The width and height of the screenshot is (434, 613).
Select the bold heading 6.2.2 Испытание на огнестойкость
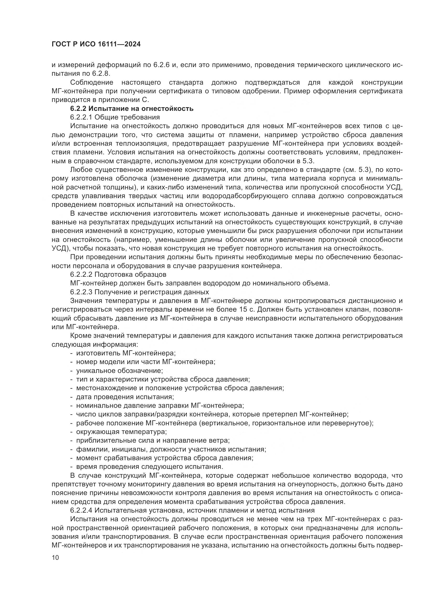click(132, 109)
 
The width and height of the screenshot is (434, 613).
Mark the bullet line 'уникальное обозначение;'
click(119, 371)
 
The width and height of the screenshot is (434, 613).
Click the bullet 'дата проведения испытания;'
click(125, 397)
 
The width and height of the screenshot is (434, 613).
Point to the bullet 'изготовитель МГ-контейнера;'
click(126, 353)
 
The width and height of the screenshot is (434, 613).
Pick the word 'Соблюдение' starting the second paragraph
click(92, 83)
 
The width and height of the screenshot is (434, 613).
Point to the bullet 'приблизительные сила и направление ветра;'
click(153, 441)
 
